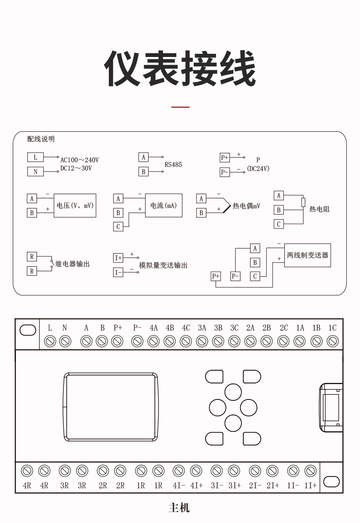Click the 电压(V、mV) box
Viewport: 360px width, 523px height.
point(75,206)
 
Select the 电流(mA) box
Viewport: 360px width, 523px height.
point(164,206)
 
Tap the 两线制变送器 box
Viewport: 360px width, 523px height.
point(308,255)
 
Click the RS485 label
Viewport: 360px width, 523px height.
point(173,165)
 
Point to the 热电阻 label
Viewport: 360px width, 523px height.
point(319,209)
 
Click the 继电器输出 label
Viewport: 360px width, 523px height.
point(72,264)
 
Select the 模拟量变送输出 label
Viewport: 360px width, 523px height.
point(163,265)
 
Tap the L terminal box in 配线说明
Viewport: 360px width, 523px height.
point(36,157)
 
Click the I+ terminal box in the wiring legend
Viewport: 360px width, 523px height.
point(118,258)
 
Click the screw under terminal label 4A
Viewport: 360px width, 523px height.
point(154,341)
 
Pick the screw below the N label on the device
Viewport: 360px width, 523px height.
point(65,341)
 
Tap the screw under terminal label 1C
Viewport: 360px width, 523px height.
point(333,341)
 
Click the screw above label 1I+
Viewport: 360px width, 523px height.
point(310,471)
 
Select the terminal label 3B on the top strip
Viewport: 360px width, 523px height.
point(218,328)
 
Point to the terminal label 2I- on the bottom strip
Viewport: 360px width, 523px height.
point(255,486)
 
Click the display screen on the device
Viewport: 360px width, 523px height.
point(111,407)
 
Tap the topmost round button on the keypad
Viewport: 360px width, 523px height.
point(233,392)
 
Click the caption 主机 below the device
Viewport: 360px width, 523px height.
point(179,507)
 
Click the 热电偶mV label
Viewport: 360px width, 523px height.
point(246,206)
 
